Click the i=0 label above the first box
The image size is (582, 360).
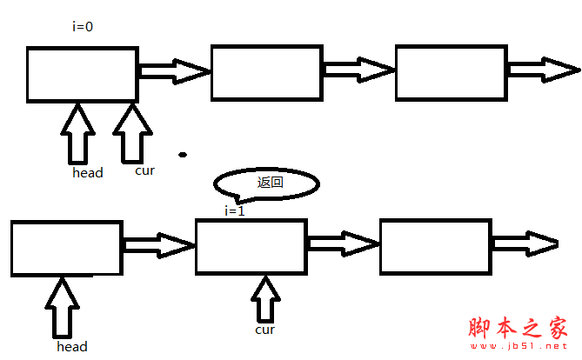pos(83,27)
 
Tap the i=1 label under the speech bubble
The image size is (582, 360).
pos(235,210)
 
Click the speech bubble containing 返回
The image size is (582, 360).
pos(267,183)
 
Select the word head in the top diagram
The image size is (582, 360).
pos(88,173)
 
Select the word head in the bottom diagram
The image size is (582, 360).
pos(72,347)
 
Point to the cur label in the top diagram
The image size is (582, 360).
pos(144,170)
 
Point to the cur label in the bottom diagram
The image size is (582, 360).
pos(265,330)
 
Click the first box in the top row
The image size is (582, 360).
pos(82,74)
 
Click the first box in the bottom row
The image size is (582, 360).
pos(66,249)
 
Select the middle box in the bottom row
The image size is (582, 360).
pos(251,248)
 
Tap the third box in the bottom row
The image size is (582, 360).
pos(435,247)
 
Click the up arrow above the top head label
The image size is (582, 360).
pos(78,132)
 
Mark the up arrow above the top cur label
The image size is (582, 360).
pos(131,132)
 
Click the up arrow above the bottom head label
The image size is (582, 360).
pos(63,307)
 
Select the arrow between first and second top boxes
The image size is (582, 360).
pos(174,70)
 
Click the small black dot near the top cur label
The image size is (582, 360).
pos(183,156)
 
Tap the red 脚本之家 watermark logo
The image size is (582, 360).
pos(517,329)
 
